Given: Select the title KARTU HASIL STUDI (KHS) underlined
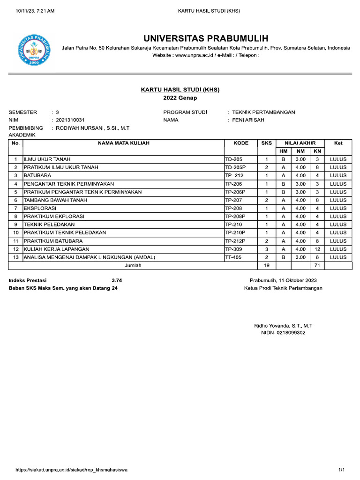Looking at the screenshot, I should pyautogui.click(x=180, y=90).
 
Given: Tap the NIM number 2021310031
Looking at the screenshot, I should pyautogui.click(x=70, y=120).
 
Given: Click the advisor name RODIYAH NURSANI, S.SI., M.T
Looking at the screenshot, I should pyautogui.click(x=92, y=128).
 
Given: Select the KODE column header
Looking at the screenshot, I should pyautogui.click(x=240, y=143).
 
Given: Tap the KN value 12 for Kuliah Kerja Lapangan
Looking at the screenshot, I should pyautogui.click(x=317, y=249).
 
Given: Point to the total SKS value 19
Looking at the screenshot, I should pyautogui.click(x=266, y=265).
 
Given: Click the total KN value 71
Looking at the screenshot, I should pyautogui.click(x=317, y=265).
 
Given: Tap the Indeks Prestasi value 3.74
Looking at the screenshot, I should pyautogui.click(x=117, y=280).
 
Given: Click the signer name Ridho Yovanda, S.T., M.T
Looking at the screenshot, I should pyautogui.click(x=283, y=325).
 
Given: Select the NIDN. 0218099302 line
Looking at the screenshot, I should pyautogui.click(x=283, y=333).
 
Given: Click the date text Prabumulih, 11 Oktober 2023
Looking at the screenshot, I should pyautogui.click(x=283, y=280).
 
